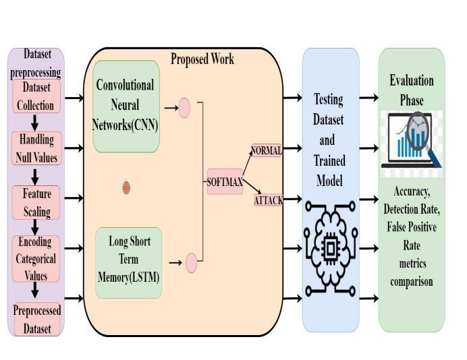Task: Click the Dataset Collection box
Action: click(x=36, y=96)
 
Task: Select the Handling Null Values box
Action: click(x=36, y=149)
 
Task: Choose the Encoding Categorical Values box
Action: click(x=36, y=258)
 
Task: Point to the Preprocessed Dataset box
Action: click(x=36, y=320)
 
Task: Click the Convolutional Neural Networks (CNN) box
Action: click(x=126, y=105)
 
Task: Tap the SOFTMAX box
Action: click(x=225, y=181)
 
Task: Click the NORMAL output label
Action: click(x=266, y=150)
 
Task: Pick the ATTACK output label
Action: click(x=268, y=200)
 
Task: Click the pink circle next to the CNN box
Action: click(x=184, y=108)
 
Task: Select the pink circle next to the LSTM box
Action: click(x=191, y=262)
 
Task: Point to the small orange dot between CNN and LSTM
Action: click(x=126, y=187)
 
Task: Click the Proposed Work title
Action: click(x=202, y=59)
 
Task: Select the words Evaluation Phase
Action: click(x=412, y=90)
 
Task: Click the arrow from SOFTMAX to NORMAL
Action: click(x=246, y=163)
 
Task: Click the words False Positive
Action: click(x=412, y=227)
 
